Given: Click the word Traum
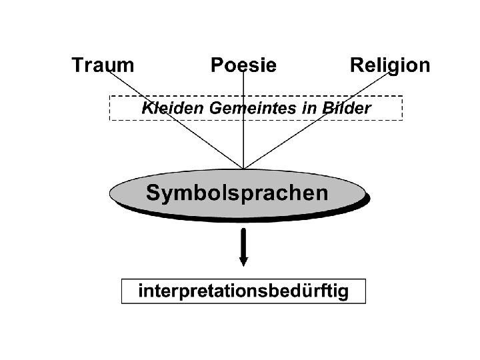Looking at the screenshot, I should (x=102, y=65).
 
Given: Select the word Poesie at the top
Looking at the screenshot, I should (x=243, y=65).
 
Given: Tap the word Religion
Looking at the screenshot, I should (x=390, y=65).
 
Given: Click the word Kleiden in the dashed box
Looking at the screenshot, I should (x=166, y=108).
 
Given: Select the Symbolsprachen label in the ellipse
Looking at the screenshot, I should (x=237, y=193).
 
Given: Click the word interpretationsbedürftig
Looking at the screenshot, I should (x=243, y=291).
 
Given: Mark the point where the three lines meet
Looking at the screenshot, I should (x=243, y=168).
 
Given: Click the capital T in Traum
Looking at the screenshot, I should (x=77, y=65).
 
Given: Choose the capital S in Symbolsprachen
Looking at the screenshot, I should (x=153, y=193).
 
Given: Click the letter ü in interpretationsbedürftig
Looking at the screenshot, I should (x=313, y=291).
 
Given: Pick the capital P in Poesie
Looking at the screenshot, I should (x=217, y=65).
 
